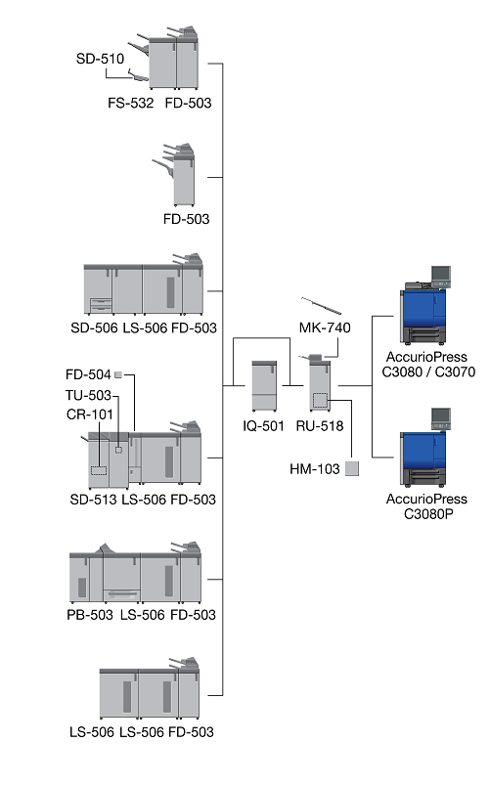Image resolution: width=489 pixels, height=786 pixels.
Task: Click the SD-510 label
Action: click(x=100, y=60)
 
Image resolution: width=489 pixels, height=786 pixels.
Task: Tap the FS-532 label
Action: click(x=130, y=104)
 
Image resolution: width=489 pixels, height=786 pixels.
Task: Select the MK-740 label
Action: click(x=325, y=327)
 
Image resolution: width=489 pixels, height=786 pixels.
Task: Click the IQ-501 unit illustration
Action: click(x=264, y=385)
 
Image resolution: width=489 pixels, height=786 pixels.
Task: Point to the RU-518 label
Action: click(x=320, y=426)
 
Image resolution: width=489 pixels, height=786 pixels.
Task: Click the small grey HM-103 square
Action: click(x=352, y=468)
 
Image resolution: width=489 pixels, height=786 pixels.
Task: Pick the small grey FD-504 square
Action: click(x=118, y=374)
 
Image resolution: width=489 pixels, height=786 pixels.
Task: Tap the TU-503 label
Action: click(x=88, y=396)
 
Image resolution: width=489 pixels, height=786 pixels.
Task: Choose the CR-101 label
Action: click(x=90, y=415)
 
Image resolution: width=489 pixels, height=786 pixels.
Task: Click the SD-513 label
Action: click(x=93, y=500)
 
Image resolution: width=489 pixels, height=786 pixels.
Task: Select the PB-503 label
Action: click(x=90, y=615)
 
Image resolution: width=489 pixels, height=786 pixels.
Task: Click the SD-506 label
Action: click(x=94, y=328)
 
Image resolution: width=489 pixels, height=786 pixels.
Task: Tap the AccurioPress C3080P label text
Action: click(x=426, y=506)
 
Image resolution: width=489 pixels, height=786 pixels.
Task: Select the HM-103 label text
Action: click(x=315, y=469)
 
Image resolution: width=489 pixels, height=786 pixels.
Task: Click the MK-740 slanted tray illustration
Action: click(x=321, y=306)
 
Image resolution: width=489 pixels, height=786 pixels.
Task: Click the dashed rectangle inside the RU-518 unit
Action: click(x=321, y=401)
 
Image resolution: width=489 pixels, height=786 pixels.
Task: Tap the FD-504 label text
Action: click(x=88, y=374)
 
